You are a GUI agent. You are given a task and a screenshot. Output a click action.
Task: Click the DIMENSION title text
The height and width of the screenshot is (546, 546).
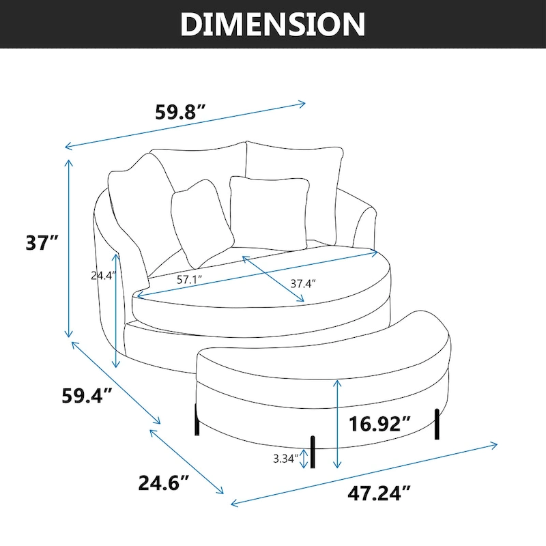coord(273,24)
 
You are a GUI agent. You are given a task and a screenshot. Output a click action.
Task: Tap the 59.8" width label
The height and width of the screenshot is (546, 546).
coord(180,113)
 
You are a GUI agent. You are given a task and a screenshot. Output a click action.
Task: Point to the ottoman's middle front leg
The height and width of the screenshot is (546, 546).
coord(315,452)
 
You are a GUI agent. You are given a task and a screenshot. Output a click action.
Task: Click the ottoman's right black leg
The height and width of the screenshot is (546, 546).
coord(437,423)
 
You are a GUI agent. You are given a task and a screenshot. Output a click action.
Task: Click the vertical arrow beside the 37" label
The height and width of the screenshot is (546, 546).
coord(69,248)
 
